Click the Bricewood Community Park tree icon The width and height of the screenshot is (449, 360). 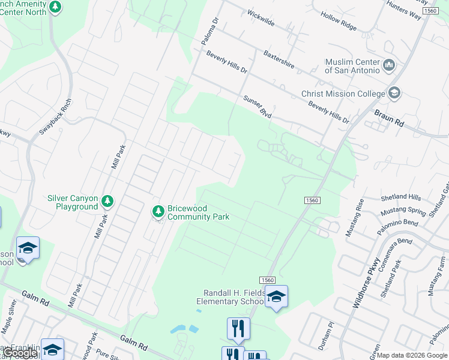tap(158, 211)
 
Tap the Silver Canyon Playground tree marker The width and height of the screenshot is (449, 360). tap(107, 201)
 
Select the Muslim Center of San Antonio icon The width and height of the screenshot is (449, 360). tap(388, 64)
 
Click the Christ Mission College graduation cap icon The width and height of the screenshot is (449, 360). tap(394, 93)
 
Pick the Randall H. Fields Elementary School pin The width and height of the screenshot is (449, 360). tap(276, 296)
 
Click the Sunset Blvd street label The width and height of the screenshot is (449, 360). tap(254, 106)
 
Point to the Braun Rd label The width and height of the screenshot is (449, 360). tap(389, 118)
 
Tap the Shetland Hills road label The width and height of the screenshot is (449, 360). tap(401, 197)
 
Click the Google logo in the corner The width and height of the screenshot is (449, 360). tap(21, 353)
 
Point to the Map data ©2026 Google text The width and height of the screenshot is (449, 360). tap(412, 355)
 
